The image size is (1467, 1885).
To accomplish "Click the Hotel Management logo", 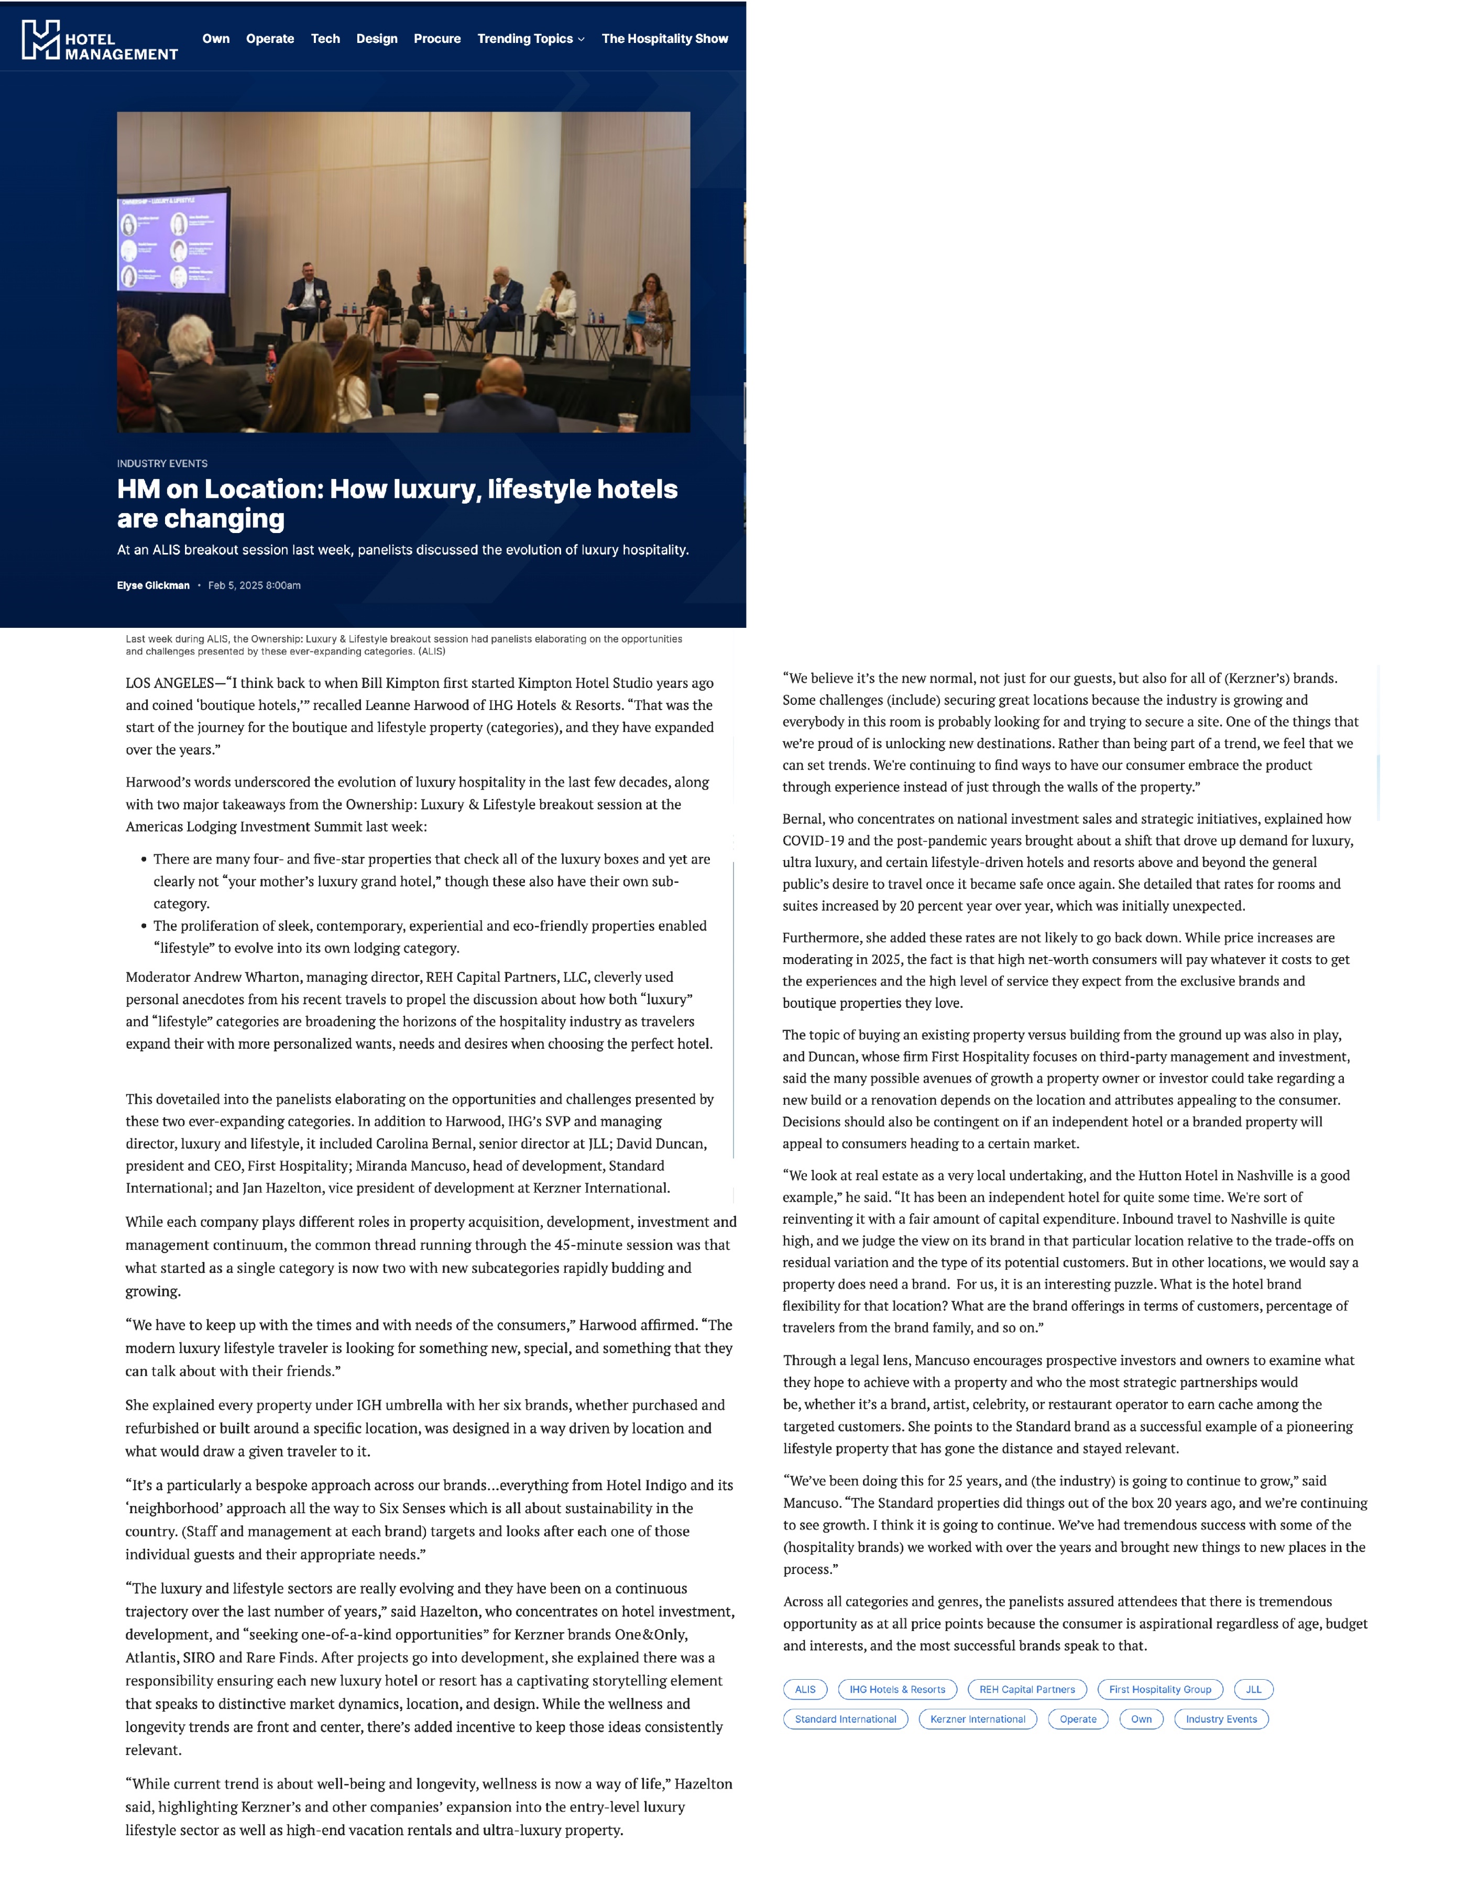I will pos(100,40).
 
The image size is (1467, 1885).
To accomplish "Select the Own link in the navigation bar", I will pos(216,39).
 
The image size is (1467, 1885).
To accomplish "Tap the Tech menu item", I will pos(325,39).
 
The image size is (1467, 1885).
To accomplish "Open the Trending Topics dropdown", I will pos(530,39).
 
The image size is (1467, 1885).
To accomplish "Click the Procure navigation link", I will pos(437,39).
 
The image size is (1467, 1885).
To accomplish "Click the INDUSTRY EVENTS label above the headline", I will pos(162,463).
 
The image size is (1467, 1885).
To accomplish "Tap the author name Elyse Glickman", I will pos(153,585).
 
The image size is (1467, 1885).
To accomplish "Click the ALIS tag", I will pos(805,1689).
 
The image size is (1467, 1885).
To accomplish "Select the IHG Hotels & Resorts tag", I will pos(896,1689).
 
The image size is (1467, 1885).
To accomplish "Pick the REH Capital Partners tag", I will pos(1027,1689).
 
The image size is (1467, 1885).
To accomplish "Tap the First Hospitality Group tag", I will pos(1159,1689).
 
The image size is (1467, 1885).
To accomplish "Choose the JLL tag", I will pos(1253,1689).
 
